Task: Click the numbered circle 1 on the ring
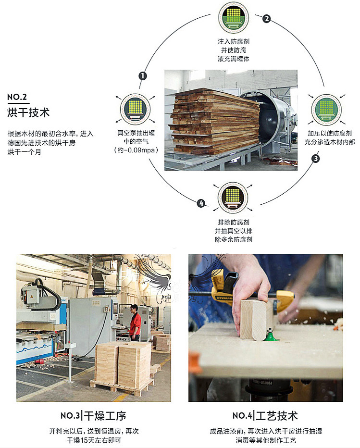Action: tap(143, 76)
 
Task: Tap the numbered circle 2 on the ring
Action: tap(266, 19)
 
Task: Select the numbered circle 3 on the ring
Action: tap(315, 158)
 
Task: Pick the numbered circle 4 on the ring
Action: tap(201, 203)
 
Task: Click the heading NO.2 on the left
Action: tap(17, 97)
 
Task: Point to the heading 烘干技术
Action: tap(28, 113)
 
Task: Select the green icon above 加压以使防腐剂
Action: tap(326, 109)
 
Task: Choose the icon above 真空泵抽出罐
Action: tap(133, 109)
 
